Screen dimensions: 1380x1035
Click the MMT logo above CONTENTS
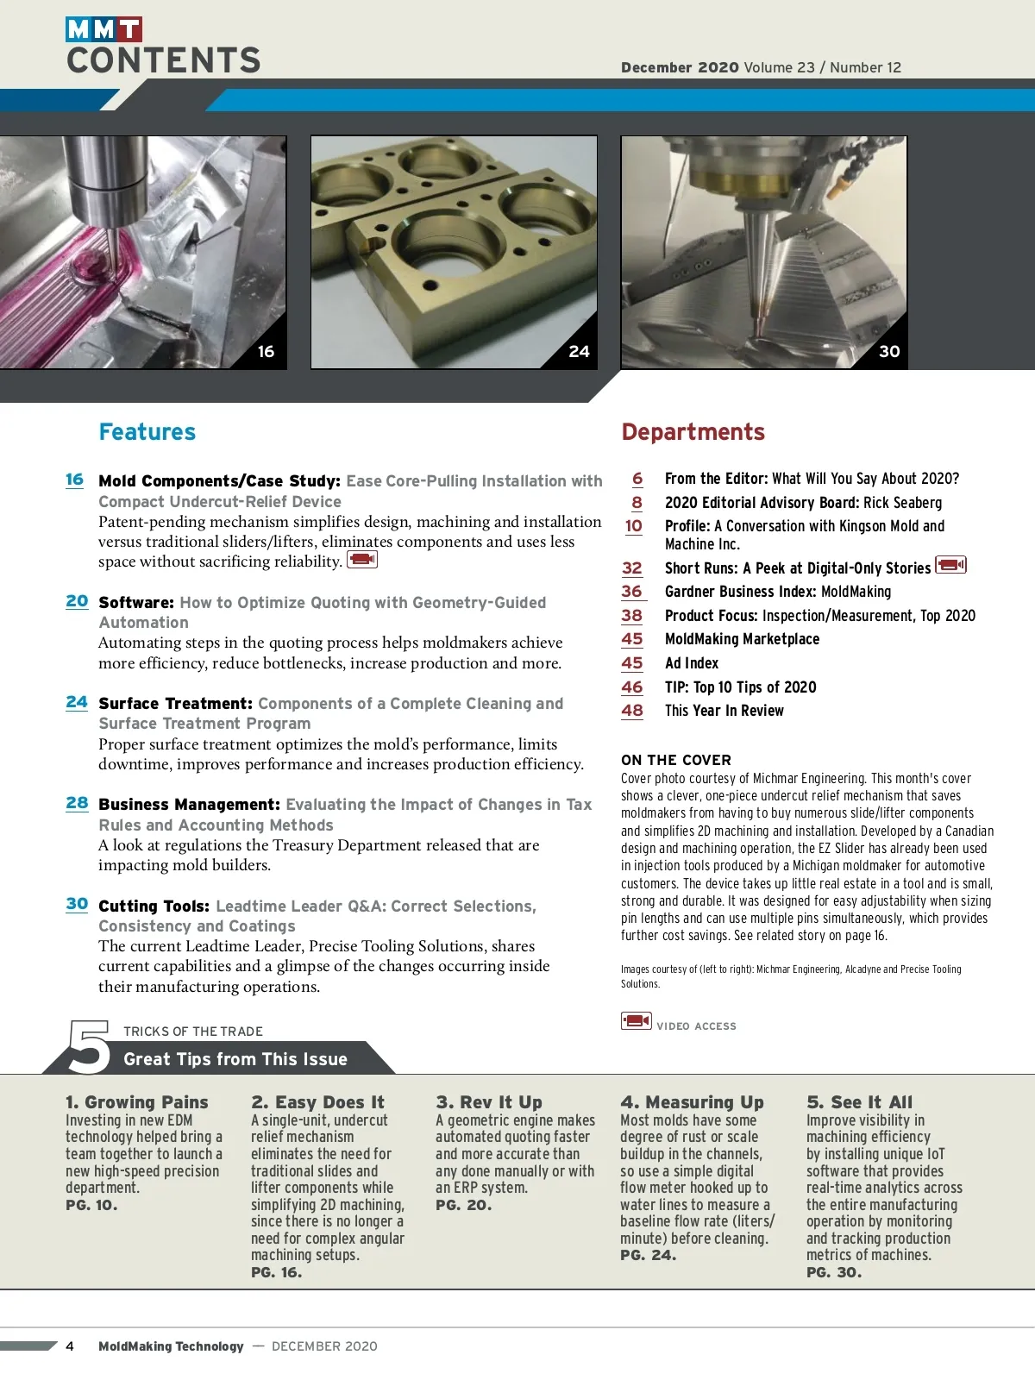point(103,29)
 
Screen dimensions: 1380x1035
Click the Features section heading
point(147,432)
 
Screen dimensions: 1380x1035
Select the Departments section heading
point(693,432)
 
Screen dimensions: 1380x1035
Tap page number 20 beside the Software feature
point(77,601)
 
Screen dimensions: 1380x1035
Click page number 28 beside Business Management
point(77,803)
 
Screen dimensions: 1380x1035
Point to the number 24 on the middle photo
point(579,352)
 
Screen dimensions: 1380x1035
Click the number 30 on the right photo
point(889,352)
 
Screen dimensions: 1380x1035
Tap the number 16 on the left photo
point(266,352)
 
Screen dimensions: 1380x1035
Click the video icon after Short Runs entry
point(950,566)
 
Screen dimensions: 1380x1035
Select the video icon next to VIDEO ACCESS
point(637,1021)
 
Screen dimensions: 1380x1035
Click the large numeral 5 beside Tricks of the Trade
point(90,1047)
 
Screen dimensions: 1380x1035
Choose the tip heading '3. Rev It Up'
point(489,1102)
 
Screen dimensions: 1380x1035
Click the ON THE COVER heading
point(676,760)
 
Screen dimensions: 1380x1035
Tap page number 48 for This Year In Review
point(632,711)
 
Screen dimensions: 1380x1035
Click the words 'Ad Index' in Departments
point(692,663)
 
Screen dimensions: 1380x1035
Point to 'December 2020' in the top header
point(680,67)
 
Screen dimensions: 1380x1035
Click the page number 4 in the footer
point(70,1346)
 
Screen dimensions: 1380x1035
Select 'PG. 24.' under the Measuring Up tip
point(648,1256)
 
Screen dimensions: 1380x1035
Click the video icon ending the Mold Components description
point(362,560)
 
